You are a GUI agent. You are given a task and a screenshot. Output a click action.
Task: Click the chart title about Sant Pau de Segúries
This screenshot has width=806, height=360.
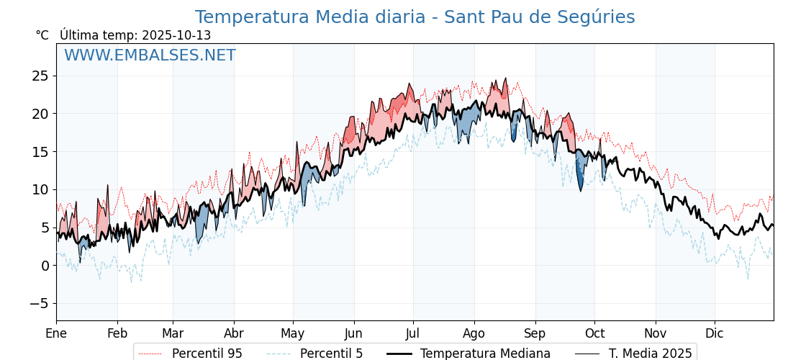click(x=415, y=17)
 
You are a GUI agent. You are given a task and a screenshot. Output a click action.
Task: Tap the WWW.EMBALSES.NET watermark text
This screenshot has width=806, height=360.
click(x=150, y=55)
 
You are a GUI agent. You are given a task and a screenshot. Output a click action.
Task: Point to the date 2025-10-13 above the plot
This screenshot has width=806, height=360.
click(x=176, y=35)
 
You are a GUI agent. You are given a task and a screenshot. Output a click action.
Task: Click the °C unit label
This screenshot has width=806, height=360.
click(x=42, y=35)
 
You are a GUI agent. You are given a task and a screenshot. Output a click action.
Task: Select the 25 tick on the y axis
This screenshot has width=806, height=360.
click(x=40, y=76)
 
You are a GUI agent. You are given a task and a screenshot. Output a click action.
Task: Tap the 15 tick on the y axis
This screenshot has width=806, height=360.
click(x=40, y=151)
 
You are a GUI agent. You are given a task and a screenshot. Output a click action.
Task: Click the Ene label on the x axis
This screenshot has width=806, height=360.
click(x=56, y=333)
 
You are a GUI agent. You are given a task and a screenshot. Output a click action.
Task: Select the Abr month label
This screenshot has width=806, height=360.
click(x=234, y=333)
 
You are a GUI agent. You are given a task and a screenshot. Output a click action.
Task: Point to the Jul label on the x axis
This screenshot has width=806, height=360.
click(x=413, y=333)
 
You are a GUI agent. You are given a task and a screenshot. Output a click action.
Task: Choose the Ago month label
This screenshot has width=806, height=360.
click(x=474, y=333)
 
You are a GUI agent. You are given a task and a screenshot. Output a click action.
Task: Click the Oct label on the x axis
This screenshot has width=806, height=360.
click(x=594, y=333)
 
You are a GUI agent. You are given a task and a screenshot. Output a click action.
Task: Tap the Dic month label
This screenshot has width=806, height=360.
click(x=715, y=333)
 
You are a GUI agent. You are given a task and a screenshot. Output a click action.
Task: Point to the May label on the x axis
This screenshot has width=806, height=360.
click(x=293, y=333)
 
